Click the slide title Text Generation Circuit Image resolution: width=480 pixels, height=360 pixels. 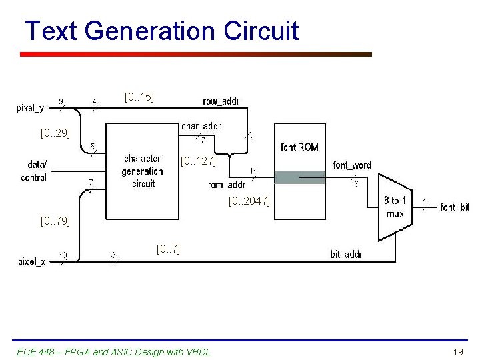[161, 31]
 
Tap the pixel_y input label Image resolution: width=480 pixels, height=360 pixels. [31, 108]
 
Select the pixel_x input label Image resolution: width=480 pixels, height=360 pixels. [31, 262]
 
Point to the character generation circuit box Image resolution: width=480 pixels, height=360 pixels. [142, 171]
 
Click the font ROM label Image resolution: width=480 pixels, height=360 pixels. [299, 147]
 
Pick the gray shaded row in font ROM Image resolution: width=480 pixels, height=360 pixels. [300, 177]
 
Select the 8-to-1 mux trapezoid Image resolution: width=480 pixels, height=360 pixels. [395, 207]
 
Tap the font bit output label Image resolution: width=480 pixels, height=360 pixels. [455, 207]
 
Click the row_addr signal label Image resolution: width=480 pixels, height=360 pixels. [221, 101]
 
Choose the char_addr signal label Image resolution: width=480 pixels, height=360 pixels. [201, 126]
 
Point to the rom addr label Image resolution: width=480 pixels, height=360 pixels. [227, 185]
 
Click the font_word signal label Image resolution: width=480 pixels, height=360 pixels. [352, 165]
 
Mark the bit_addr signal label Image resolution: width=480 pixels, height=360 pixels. [346, 254]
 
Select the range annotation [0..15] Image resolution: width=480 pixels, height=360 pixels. [139, 97]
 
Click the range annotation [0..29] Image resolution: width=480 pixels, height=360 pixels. [55, 133]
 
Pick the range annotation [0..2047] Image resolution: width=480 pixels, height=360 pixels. [249, 200]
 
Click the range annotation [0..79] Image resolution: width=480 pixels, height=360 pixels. [55, 219]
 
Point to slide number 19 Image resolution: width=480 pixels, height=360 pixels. [457, 351]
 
